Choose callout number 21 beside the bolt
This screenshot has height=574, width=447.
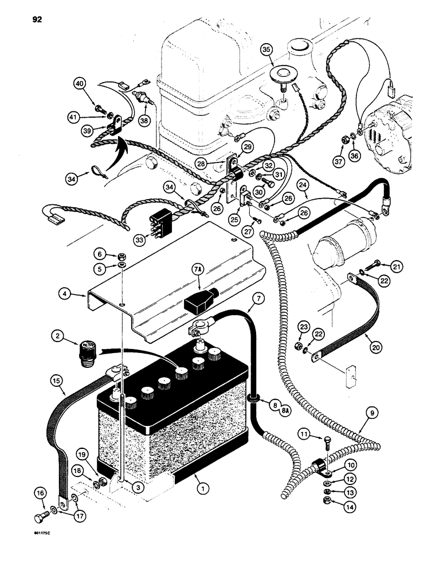point(398,266)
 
